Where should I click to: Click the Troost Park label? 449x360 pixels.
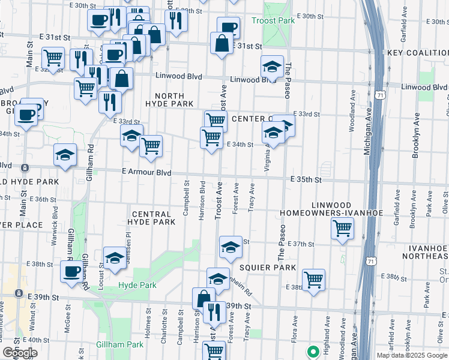click(x=274, y=20)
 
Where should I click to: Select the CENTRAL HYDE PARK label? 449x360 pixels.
click(x=153, y=218)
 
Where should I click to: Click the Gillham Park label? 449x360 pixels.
click(x=120, y=344)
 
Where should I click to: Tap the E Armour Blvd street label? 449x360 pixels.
click(x=146, y=172)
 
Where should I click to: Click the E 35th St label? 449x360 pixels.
click(x=307, y=179)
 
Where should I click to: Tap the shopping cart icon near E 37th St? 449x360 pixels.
click(x=342, y=228)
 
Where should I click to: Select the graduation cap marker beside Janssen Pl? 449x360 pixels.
click(x=115, y=258)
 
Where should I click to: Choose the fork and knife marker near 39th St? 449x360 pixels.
click(x=212, y=311)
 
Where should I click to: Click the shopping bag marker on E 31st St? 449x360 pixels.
click(x=222, y=43)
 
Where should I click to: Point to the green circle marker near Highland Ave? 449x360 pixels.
click(x=312, y=352)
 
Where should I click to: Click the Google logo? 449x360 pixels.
click(x=20, y=353)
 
